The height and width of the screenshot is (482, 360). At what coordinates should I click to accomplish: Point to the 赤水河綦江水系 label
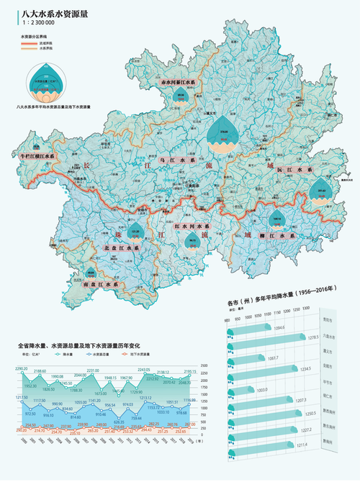(x=182, y=83)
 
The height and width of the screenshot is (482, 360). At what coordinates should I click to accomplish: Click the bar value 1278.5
(x=312, y=337)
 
